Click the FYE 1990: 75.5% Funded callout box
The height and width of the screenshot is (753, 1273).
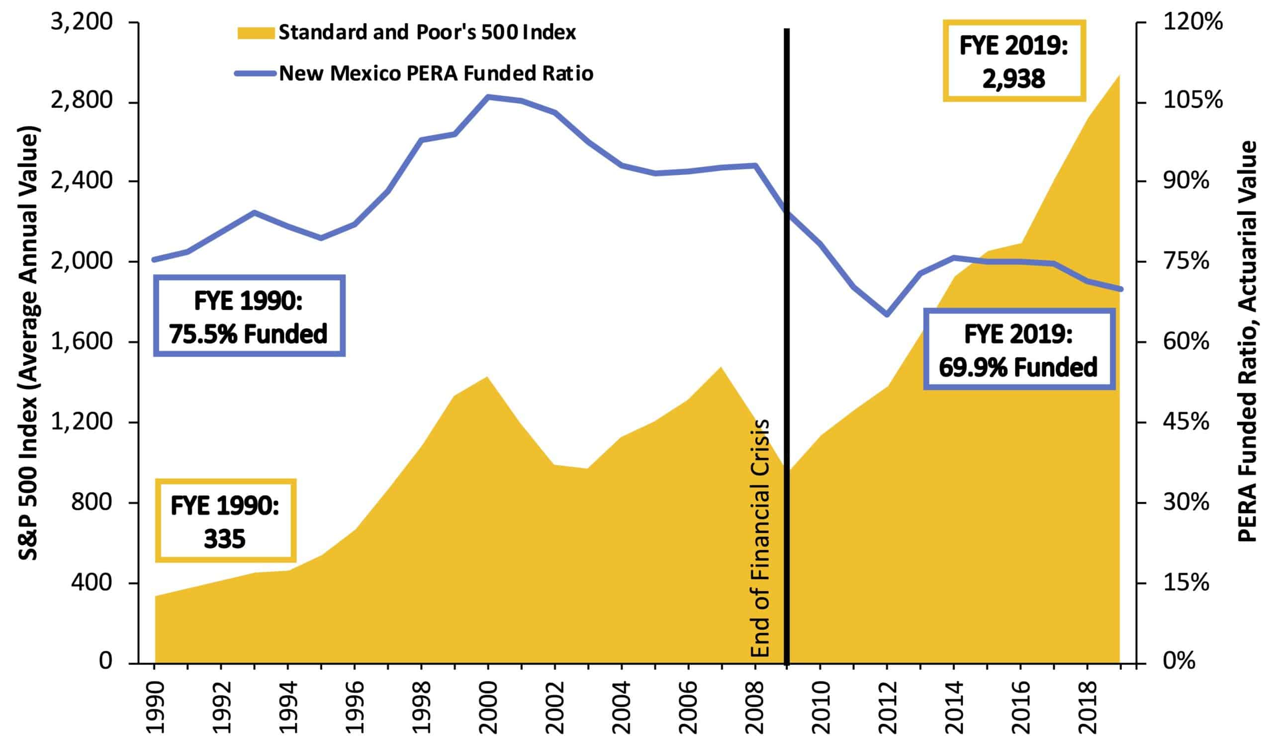249,316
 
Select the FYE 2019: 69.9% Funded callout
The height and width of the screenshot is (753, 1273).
1019,349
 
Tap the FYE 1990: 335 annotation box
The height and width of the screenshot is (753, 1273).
225,520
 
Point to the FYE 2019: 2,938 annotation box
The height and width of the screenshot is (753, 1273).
1013,61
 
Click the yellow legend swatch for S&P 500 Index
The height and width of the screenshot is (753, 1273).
256,32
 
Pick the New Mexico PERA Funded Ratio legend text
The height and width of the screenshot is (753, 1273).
436,74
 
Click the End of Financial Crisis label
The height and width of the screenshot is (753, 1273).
760,538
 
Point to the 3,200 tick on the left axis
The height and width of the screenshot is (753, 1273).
81,22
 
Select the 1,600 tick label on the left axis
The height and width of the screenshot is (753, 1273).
81,341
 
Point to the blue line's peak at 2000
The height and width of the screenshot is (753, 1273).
488,96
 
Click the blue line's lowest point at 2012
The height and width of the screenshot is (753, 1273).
887,315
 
